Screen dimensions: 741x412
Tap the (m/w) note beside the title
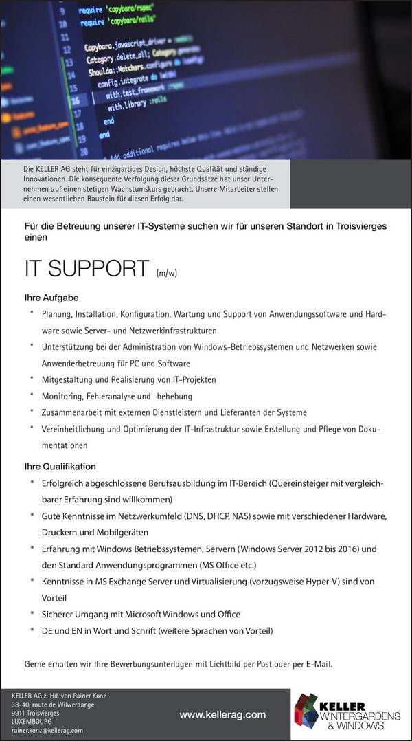(166, 273)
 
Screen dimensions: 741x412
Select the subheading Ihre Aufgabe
(51, 298)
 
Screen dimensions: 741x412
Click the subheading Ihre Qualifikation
(60, 466)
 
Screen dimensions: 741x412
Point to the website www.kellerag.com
(222, 716)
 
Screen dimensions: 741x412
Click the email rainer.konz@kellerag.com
(47, 730)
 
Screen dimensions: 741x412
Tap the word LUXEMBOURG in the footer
(32, 722)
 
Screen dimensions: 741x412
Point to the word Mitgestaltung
(68, 380)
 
